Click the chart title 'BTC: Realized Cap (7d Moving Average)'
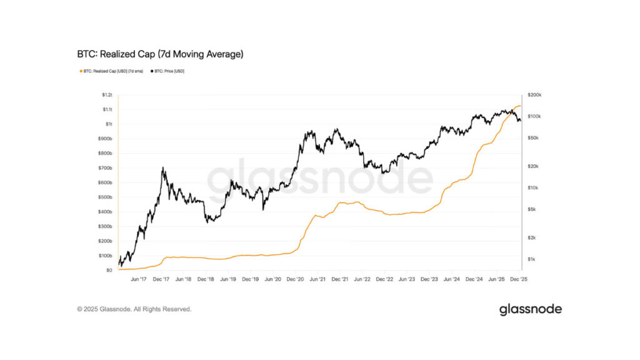[x=160, y=54]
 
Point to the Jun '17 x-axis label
[x=139, y=280]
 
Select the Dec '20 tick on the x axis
[x=295, y=280]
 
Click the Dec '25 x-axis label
[x=518, y=280]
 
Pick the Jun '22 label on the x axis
[x=362, y=280]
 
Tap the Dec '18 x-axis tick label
[x=206, y=280]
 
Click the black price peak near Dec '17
[x=163, y=167]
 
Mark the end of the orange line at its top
[x=521, y=106]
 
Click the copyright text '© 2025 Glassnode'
[x=134, y=309]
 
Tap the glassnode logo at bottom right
[x=530, y=309]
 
